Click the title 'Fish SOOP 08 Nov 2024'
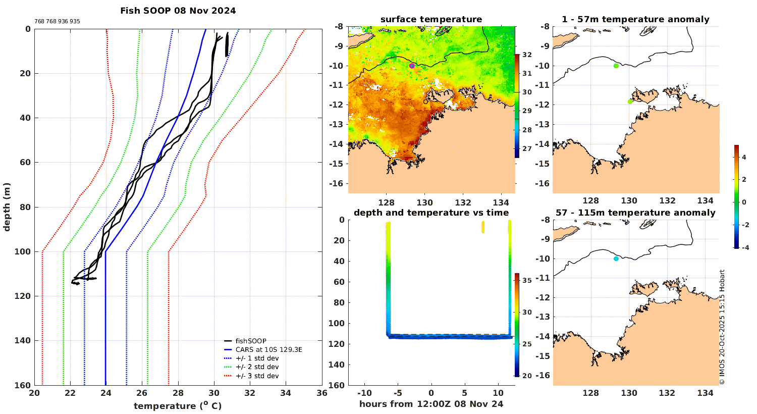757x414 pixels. pos(178,11)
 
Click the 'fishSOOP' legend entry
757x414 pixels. pos(251,341)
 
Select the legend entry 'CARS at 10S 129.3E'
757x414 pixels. pos(268,350)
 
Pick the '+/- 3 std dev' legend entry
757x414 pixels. pos(257,376)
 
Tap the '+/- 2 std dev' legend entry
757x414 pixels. pos(257,367)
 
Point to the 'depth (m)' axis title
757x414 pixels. pos(7,207)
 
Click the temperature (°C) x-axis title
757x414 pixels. pos(178,406)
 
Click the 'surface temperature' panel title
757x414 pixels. pos(431,20)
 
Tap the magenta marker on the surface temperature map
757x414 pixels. pos(412,66)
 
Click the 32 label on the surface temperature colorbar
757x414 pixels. pos(527,55)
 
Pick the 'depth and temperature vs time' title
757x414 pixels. pos(431,213)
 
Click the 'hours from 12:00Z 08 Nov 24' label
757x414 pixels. pos(431,404)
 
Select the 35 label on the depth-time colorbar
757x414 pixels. pos(527,280)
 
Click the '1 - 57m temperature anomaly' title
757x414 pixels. pos(635,20)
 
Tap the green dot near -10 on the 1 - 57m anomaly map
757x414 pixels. pos(616,66)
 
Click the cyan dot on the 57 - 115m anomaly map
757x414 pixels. pos(616,259)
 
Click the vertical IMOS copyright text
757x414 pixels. pos(722,327)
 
